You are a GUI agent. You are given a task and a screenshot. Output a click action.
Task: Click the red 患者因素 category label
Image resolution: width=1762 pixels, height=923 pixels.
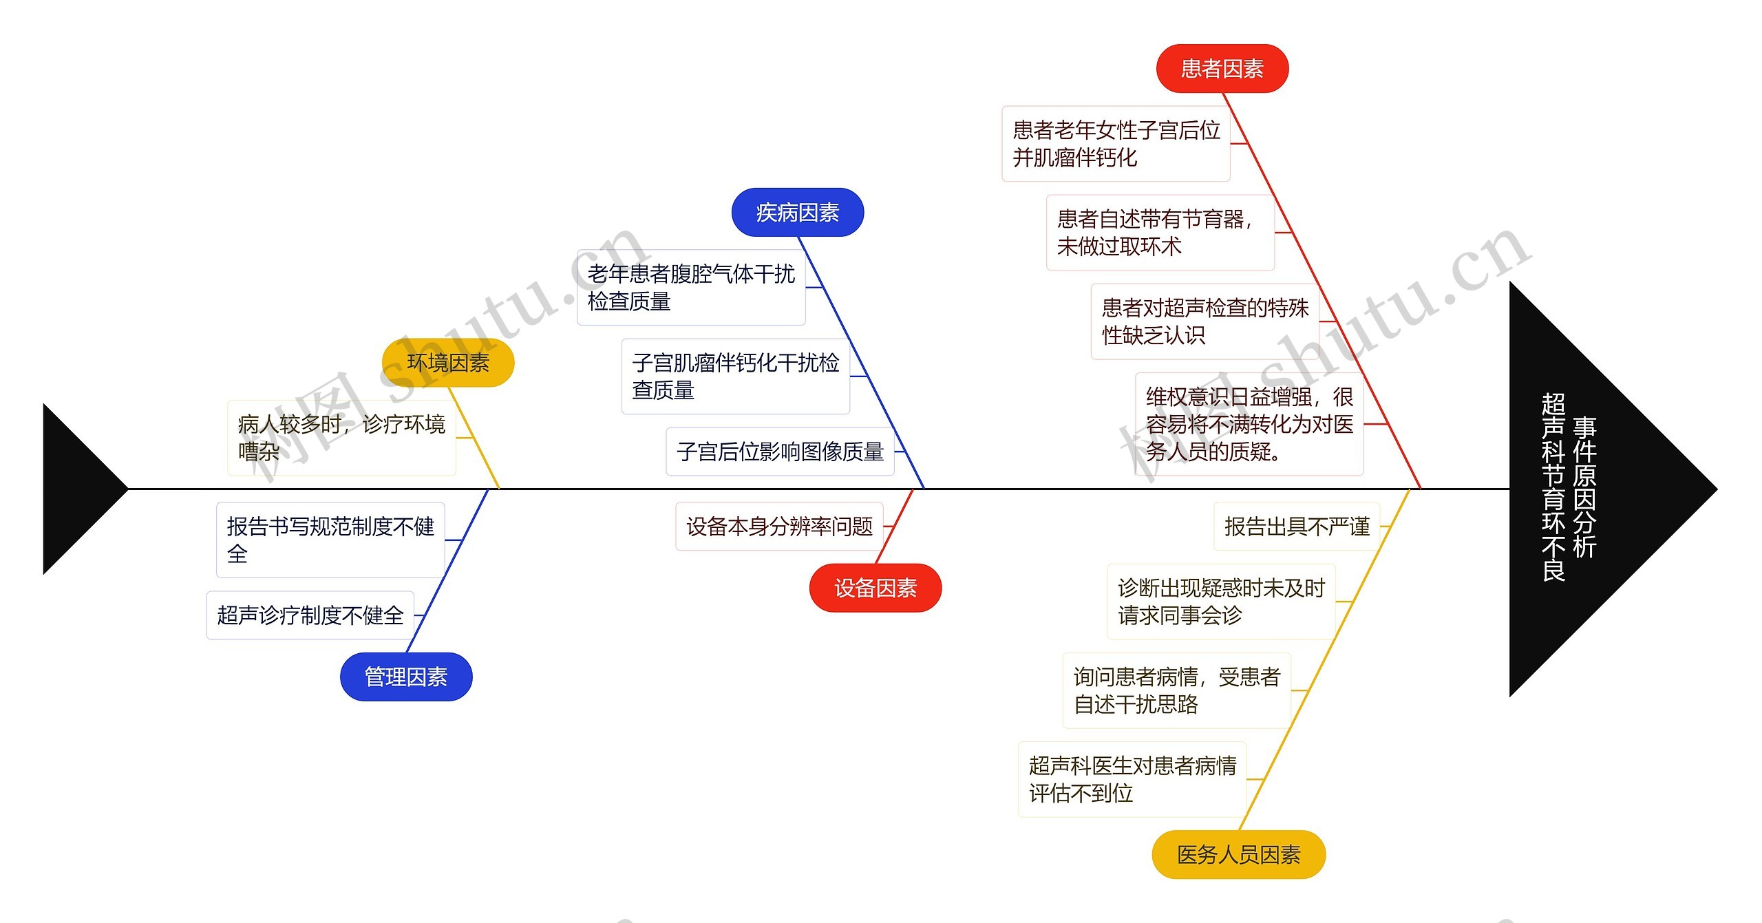pyautogui.click(x=1222, y=69)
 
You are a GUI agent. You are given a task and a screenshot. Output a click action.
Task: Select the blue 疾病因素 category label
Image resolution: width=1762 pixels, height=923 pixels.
pyautogui.click(x=797, y=213)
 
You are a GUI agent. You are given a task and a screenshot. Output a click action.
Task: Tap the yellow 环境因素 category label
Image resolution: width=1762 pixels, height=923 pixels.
pyautogui.click(x=447, y=363)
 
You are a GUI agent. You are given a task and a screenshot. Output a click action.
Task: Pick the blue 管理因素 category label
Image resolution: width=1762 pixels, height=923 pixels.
pyautogui.click(x=406, y=677)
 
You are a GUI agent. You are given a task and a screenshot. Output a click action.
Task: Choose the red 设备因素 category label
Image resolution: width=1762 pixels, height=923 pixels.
pyautogui.click(x=875, y=588)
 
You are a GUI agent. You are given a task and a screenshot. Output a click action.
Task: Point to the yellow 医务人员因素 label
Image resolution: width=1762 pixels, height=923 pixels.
pyautogui.click(x=1238, y=854)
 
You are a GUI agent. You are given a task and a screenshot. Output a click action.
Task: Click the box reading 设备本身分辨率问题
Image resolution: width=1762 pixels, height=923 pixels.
pyautogui.click(x=779, y=527)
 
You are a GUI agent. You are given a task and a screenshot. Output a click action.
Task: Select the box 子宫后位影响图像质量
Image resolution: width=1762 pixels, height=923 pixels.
pyautogui.click(x=780, y=452)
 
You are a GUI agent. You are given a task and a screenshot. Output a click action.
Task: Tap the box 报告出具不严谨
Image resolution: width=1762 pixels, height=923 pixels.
pyautogui.click(x=1297, y=527)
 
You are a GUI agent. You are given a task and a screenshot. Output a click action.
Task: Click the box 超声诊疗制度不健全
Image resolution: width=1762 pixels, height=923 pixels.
pyautogui.click(x=310, y=615)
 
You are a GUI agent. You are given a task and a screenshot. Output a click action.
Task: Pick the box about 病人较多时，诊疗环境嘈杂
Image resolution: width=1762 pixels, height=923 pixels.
pyautogui.click(x=341, y=438)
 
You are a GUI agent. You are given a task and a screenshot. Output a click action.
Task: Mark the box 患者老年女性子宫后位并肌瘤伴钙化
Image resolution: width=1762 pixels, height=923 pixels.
pyautogui.click(x=1116, y=144)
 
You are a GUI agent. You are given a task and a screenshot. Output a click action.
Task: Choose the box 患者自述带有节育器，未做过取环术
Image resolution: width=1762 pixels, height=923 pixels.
pyautogui.click(x=1160, y=233)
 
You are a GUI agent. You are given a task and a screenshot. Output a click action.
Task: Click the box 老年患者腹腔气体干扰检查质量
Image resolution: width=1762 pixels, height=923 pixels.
pyautogui.click(x=691, y=287)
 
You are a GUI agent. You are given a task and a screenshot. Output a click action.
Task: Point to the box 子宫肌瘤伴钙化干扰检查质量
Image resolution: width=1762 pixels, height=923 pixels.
pyautogui.click(x=735, y=376)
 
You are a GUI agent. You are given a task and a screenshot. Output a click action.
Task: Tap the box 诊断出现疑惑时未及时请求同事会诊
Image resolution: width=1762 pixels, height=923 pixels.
pyautogui.click(x=1221, y=602)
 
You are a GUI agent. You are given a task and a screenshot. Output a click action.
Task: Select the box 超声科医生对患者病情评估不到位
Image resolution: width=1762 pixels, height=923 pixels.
pyautogui.click(x=1132, y=779)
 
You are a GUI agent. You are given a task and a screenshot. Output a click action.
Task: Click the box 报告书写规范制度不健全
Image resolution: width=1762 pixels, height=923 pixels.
pyautogui.click(x=330, y=540)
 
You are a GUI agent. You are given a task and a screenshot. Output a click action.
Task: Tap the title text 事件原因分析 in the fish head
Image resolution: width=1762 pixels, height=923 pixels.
pyautogui.click(x=1584, y=487)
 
